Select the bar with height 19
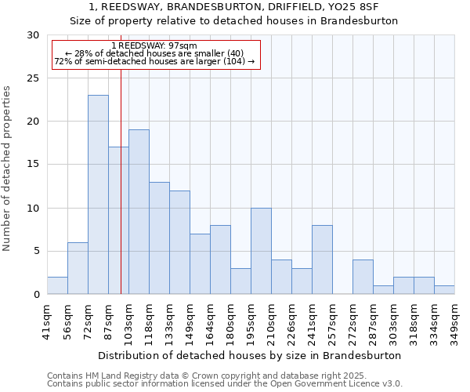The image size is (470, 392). click(139, 212)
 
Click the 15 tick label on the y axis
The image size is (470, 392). click(32, 165)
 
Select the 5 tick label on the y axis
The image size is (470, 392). click(35, 252)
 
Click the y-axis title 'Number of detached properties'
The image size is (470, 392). click(8, 168)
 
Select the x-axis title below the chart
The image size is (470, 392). click(250, 355)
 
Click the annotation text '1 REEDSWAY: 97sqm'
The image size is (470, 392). click(154, 45)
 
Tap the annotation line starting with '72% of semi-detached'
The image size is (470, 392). click(154, 61)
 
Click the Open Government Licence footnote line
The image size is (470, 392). click(225, 383)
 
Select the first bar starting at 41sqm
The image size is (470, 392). click(57, 285)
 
